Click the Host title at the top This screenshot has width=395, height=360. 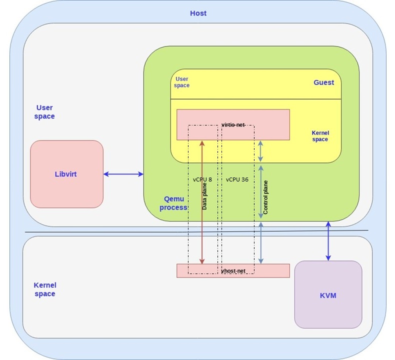tap(198, 13)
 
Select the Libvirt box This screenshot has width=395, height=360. tap(66, 174)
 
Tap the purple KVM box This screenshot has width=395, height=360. tap(328, 295)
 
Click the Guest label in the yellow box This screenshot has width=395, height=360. tap(323, 82)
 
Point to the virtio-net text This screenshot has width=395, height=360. tap(233, 124)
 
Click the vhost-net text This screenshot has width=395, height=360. tap(233, 270)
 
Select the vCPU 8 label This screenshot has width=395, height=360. tap(202, 179)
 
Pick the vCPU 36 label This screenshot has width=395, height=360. tap(237, 179)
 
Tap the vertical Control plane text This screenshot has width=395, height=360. tap(265, 197)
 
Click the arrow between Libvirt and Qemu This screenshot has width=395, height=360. tap(123, 174)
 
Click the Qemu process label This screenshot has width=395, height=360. tap(173, 203)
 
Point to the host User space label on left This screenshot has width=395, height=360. tap(44, 111)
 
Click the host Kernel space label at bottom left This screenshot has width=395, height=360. tap(44, 289)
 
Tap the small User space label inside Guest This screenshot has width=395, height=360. tap(181, 82)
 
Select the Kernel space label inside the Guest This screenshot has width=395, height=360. tap(320, 136)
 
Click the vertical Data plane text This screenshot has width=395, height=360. tap(205, 195)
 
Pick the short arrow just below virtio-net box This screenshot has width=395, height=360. tap(260, 151)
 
